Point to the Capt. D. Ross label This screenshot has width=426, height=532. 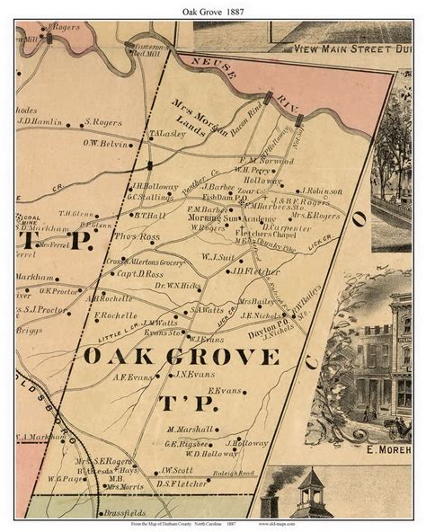(x=142, y=273)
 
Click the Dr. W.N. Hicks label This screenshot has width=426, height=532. (x=177, y=285)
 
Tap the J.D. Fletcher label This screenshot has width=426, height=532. (x=244, y=270)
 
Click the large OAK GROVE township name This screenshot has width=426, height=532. (x=182, y=357)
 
